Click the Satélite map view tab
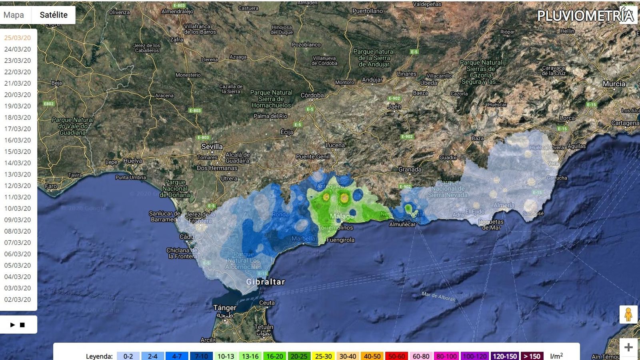[54, 15]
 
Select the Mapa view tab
[14, 15]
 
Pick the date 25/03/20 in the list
[18, 38]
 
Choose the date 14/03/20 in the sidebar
[18, 163]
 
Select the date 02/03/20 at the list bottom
[18, 299]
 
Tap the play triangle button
[12, 325]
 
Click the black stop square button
[22, 325]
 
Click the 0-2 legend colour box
[128, 356]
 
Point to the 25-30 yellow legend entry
[323, 356]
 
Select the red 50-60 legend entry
[396, 356]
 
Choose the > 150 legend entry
[532, 356]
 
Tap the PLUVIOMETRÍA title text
[585, 16]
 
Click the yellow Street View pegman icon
[628, 314]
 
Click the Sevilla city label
[212, 146]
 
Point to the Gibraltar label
[266, 282]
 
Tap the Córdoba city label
[312, 95]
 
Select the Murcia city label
[614, 84]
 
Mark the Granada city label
[410, 169]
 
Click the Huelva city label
[132, 161]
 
